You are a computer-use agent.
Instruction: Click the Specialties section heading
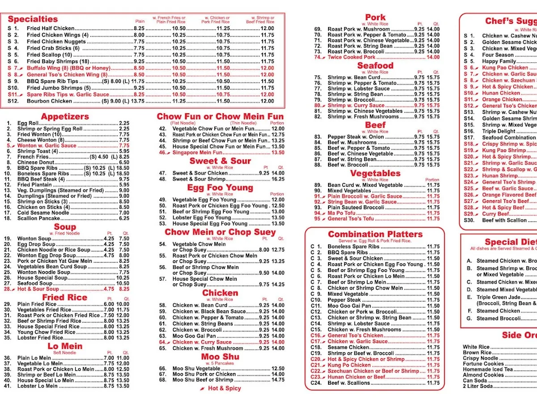33,19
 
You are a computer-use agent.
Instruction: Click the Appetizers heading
65,116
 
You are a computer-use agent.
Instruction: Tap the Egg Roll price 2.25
124,123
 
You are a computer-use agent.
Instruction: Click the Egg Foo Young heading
220,188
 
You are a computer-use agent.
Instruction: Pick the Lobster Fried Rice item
40,338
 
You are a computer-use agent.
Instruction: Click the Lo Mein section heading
65,346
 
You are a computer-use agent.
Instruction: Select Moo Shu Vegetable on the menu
196,369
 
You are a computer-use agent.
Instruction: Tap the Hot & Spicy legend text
224,389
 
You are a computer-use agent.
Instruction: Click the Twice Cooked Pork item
351,57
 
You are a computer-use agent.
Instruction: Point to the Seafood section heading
375,66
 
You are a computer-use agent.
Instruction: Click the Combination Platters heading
375,234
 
